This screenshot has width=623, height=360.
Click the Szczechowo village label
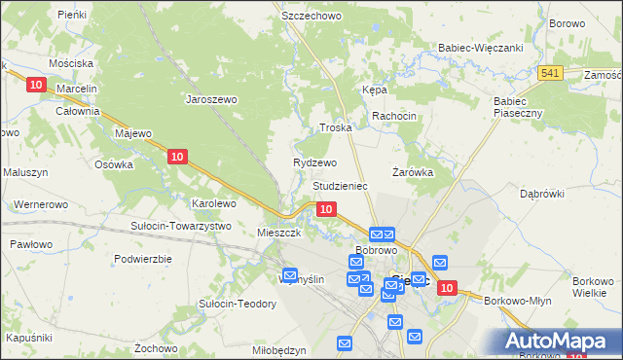(x=310, y=17)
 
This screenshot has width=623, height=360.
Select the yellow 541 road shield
(x=550, y=73)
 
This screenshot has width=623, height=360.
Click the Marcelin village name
(x=77, y=89)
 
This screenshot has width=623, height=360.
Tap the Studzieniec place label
(x=339, y=185)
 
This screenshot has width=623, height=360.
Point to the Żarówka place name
(x=412, y=172)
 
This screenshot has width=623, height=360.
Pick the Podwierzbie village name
(x=142, y=259)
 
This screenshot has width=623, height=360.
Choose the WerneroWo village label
(x=40, y=204)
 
